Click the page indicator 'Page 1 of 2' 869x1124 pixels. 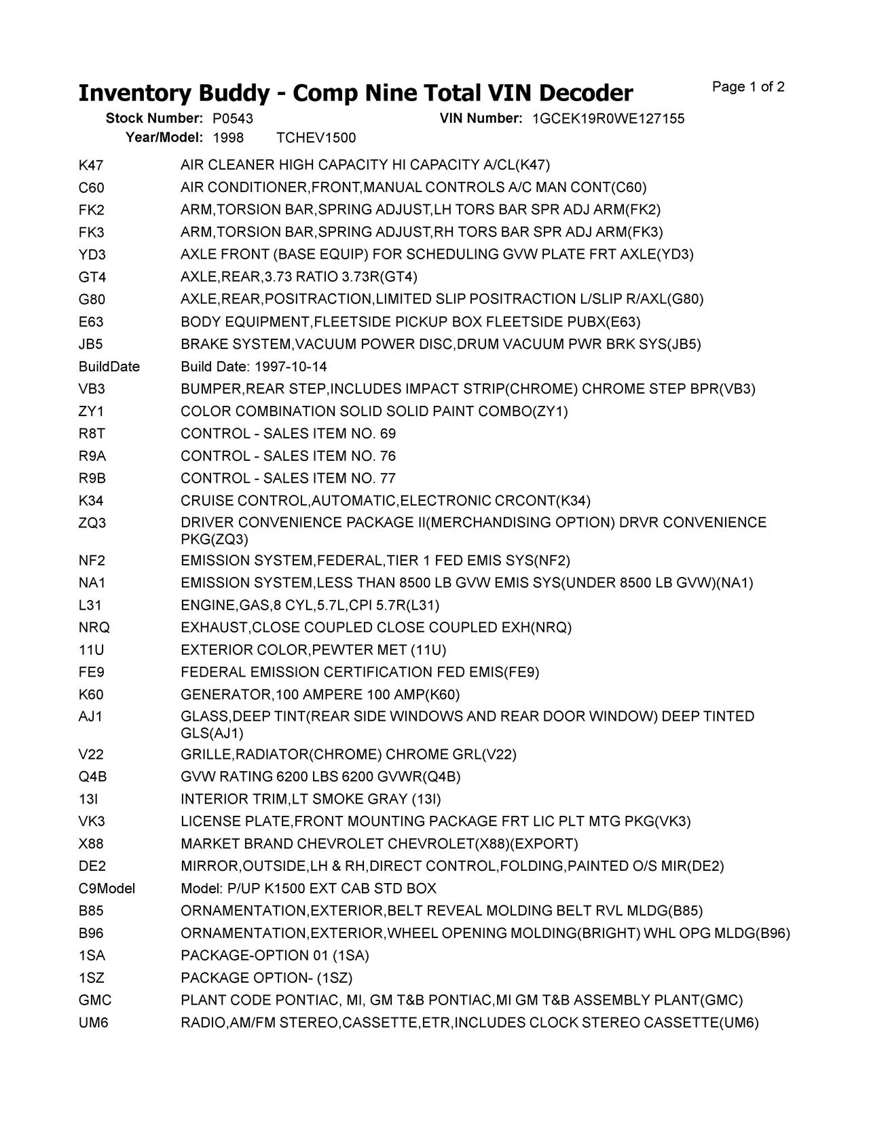pyautogui.click(x=748, y=87)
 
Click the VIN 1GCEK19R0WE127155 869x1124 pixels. pyautogui.click(x=608, y=119)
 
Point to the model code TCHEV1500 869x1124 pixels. pyautogui.click(x=316, y=138)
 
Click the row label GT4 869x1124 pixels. pyautogui.click(x=92, y=277)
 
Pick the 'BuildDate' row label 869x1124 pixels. pyautogui.click(x=109, y=367)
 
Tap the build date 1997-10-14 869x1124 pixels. pyautogui.click(x=291, y=367)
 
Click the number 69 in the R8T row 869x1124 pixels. pyautogui.click(x=388, y=434)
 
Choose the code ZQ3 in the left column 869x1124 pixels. pyautogui.click(x=92, y=523)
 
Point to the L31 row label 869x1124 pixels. pyautogui.click(x=90, y=605)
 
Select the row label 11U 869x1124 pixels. pyautogui.click(x=91, y=650)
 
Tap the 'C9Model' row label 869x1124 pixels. pyautogui.click(x=107, y=888)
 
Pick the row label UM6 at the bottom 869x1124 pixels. pyautogui.click(x=93, y=1023)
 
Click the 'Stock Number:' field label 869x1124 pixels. pyautogui.click(x=154, y=119)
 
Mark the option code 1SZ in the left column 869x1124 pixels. pyautogui.click(x=91, y=978)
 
